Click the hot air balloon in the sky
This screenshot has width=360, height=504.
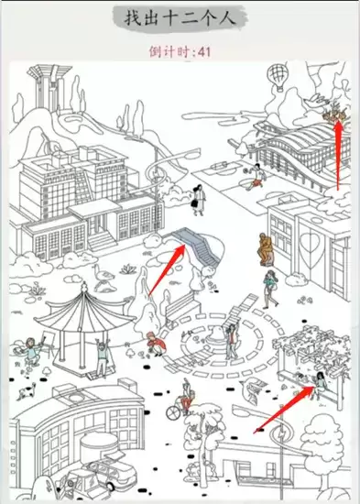[277, 76]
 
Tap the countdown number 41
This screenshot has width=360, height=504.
[204, 51]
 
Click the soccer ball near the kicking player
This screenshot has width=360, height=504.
[245, 170]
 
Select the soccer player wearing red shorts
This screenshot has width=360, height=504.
[256, 177]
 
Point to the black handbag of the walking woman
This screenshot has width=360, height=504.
[196, 203]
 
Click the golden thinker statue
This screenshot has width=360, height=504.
[267, 249]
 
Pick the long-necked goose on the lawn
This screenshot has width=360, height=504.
[103, 277]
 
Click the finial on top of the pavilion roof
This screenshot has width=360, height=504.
[84, 287]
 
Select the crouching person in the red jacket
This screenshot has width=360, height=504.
[157, 344]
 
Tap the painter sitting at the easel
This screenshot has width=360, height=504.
[31, 351]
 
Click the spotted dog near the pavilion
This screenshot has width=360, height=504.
[27, 391]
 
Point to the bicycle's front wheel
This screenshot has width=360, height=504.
[173, 412]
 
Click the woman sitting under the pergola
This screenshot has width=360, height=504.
[320, 385]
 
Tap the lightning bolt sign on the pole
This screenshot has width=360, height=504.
[282, 433]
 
